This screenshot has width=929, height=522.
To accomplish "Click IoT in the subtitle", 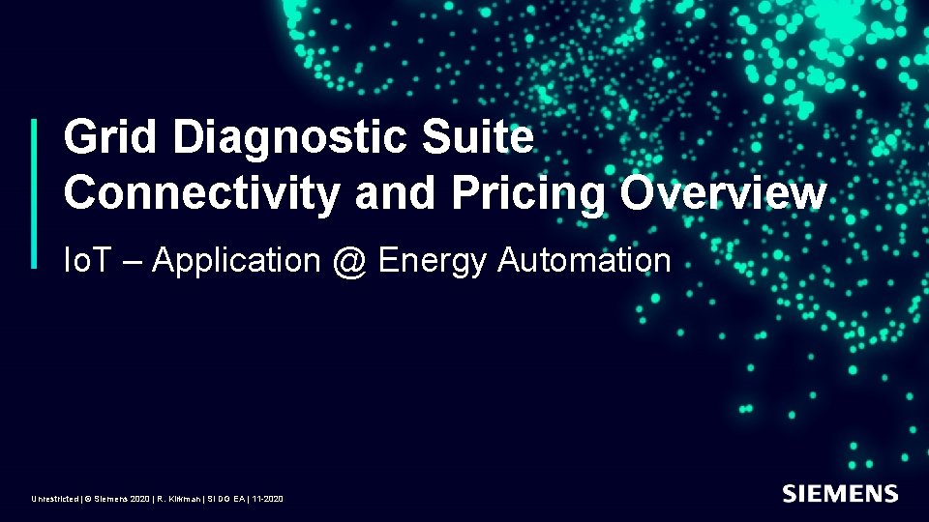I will coord(83,260).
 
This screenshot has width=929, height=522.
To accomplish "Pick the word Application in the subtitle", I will coord(236,261).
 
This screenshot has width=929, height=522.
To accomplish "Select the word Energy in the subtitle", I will coord(433,261).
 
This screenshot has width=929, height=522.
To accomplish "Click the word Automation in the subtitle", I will coord(584,260).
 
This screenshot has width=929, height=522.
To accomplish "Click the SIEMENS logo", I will coord(840,494).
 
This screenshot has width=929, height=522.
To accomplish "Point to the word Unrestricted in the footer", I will coord(54,499).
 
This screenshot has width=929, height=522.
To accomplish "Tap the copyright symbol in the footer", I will coord(87,499).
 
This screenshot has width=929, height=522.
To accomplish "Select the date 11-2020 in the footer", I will coord(267,499).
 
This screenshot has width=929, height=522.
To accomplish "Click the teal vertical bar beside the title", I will coord(36,193).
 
